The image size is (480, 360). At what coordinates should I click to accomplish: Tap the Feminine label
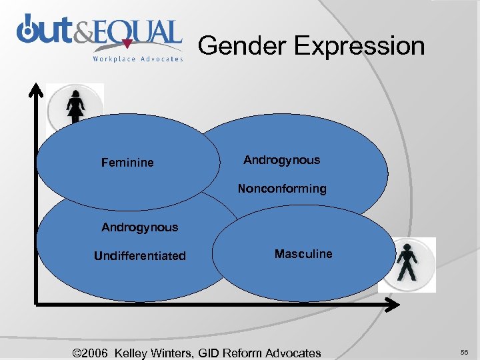pyautogui.click(x=127, y=163)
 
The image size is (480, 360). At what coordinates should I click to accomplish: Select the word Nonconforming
pyautogui.click(x=282, y=189)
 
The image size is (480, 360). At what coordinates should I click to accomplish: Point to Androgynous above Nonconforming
pyautogui.click(x=281, y=160)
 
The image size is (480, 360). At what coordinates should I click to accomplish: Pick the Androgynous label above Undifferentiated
pyautogui.click(x=140, y=227)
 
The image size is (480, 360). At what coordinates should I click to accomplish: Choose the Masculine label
pyautogui.click(x=303, y=254)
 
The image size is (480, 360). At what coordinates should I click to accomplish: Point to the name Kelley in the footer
pyautogui.click(x=137, y=353)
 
